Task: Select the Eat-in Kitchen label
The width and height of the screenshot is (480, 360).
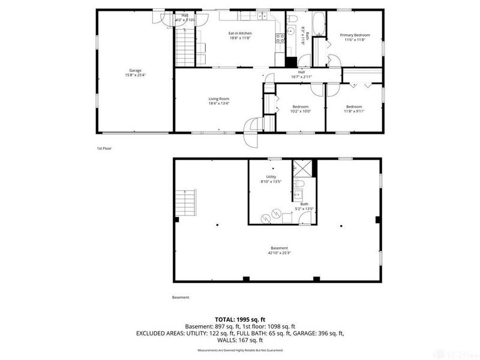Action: [239, 33]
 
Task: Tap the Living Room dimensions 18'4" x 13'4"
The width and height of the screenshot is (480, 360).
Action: [219, 103]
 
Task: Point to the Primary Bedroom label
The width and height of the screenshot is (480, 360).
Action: [355, 35]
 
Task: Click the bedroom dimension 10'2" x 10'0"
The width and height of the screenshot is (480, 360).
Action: [300, 111]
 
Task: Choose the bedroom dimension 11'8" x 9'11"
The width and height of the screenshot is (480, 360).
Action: [355, 111]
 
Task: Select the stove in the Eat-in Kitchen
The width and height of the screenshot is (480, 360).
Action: [280, 39]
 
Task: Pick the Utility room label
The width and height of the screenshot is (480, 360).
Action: [271, 177]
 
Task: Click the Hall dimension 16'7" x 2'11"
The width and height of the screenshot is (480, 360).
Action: [301, 77]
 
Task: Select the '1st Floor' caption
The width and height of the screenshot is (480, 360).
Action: [104, 148]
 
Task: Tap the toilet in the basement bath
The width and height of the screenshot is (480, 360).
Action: [301, 184]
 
